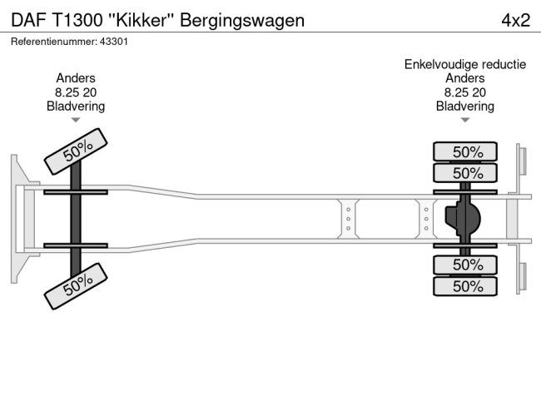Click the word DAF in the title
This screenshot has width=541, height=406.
tap(27, 19)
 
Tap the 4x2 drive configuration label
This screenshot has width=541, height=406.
tap(515, 19)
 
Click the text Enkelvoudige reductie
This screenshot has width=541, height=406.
tap(464, 64)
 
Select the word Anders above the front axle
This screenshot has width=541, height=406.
tap(76, 78)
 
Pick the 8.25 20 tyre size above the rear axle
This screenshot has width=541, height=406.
tap(464, 92)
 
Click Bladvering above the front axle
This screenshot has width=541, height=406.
tap(76, 106)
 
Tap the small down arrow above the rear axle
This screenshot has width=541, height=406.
tap(464, 121)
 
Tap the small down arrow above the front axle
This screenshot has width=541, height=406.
tap(76, 121)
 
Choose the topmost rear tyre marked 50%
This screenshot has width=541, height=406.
tap(466, 151)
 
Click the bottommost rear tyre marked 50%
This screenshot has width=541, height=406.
tap(466, 286)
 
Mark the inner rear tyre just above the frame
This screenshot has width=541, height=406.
tap(466, 173)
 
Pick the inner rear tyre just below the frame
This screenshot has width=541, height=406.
tap(466, 265)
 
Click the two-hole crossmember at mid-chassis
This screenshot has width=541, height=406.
tap(348, 218)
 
